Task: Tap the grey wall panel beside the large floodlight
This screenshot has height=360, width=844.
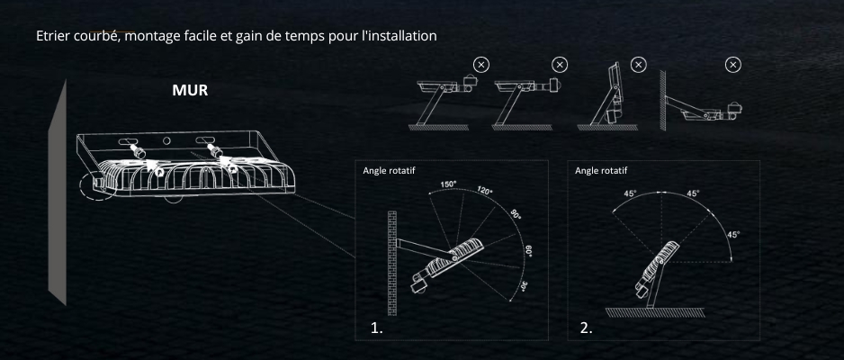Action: (x=59, y=193)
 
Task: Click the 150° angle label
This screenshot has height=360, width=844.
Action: (x=448, y=184)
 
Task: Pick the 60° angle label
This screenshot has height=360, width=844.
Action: (x=528, y=249)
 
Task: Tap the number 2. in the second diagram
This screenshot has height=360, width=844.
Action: (x=587, y=328)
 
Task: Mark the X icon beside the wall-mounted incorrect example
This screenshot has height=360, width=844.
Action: (x=733, y=64)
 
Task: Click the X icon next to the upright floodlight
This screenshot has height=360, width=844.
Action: (x=638, y=64)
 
